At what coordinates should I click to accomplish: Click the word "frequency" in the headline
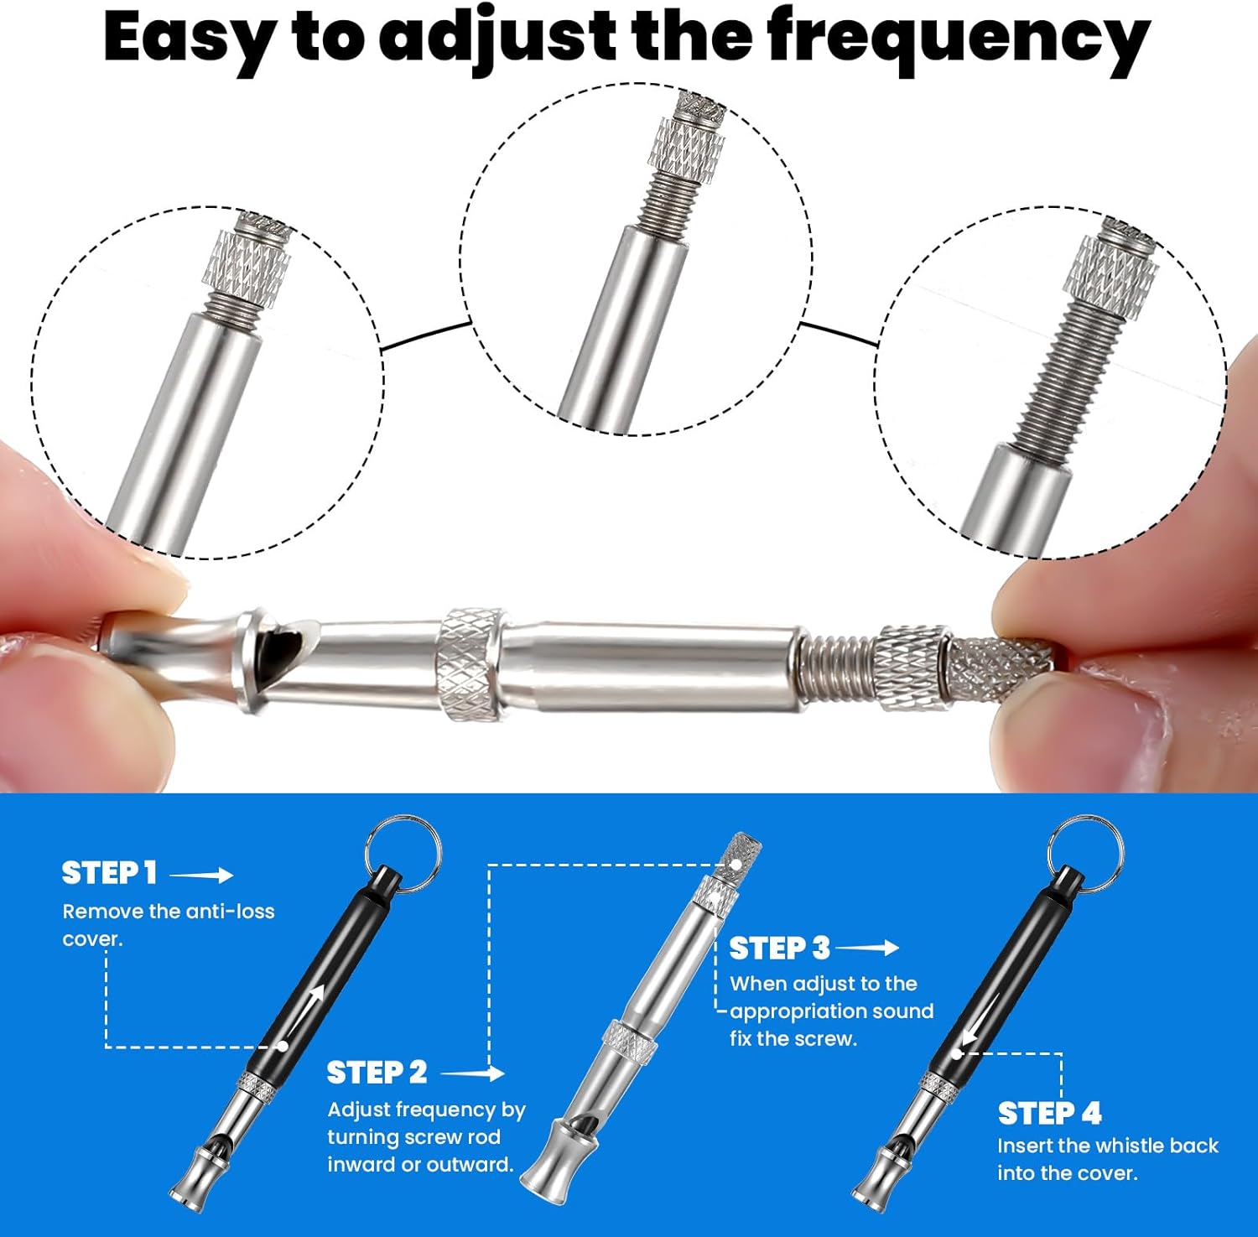[959, 39]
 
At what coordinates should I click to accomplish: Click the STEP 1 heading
[109, 873]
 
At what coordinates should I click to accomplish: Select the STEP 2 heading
[377, 1073]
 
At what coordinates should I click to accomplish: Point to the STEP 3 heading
[779, 949]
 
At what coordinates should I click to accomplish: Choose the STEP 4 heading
[1049, 1113]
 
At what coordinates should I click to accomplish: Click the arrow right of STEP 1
[201, 875]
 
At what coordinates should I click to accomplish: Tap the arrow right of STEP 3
[867, 948]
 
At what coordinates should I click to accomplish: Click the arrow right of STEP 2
[472, 1073]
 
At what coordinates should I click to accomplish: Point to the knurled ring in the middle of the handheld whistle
[470, 663]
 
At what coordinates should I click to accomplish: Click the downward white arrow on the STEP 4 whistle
[981, 1020]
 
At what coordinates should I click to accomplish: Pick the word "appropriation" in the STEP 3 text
[794, 1012]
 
